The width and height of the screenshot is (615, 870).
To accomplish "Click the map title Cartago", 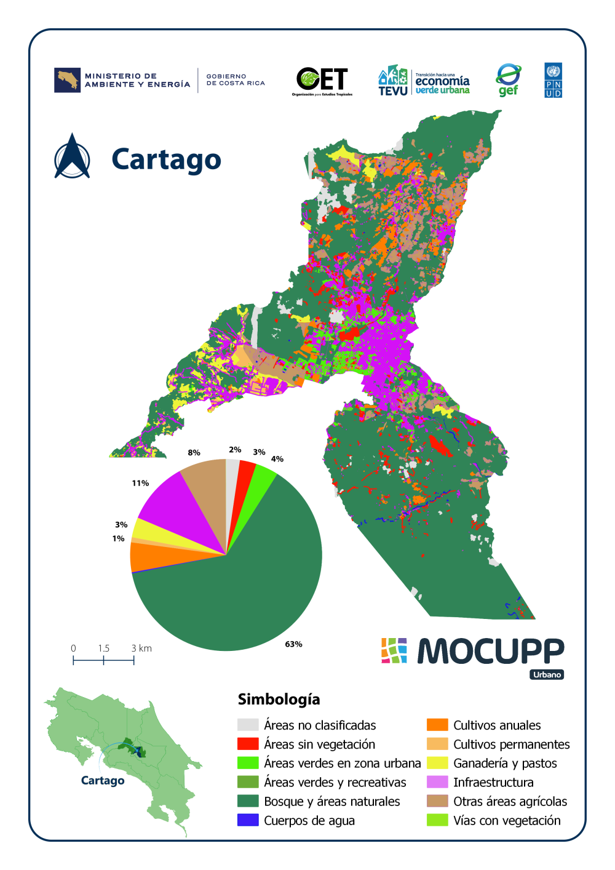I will [166, 159].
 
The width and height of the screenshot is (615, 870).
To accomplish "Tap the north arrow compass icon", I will [73, 157].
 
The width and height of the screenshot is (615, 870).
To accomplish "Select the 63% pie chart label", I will [293, 644].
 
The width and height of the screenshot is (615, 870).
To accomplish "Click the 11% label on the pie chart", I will [140, 483].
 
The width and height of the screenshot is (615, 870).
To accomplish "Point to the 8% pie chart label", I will [194, 452].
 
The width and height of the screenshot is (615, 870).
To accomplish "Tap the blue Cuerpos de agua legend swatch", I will [248, 820].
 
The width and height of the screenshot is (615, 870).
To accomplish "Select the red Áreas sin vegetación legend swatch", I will [248, 744].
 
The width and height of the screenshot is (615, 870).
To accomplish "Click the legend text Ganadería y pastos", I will [505, 764].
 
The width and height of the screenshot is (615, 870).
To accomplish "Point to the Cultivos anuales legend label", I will [497, 725].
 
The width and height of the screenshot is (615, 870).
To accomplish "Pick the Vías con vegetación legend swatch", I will [437, 820].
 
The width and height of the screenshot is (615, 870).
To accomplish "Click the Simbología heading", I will [279, 699].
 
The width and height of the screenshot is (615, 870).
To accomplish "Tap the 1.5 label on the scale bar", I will [103, 649].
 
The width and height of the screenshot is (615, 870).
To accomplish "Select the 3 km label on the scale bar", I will [141, 649].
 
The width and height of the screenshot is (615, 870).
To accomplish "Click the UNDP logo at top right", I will [553, 80].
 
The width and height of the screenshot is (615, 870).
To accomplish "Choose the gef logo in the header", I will [509, 80].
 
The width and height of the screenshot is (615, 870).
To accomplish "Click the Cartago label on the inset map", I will [103, 781].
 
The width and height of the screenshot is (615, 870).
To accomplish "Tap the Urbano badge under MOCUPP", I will [547, 675].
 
